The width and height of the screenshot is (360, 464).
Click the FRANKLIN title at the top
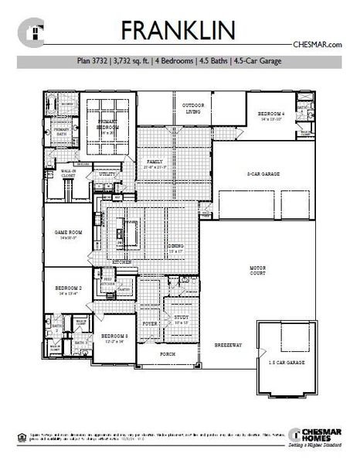pos(180,30)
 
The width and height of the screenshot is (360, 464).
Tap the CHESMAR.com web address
pos(317,45)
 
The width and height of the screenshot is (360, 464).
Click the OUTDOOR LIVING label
pos(192,108)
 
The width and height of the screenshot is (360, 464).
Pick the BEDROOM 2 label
pos(68,289)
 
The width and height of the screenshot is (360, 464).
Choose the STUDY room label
pos(182,318)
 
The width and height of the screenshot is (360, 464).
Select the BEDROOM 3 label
pos(114,336)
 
